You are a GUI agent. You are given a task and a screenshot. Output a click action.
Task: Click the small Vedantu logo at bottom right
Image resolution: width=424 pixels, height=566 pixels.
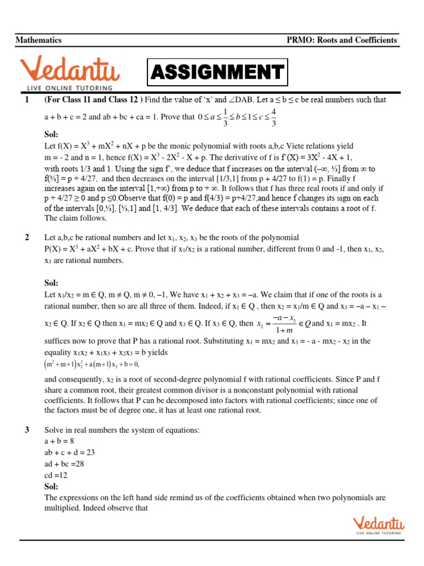(x=378, y=525)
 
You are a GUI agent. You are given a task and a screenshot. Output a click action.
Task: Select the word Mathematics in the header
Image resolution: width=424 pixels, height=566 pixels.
(x=39, y=40)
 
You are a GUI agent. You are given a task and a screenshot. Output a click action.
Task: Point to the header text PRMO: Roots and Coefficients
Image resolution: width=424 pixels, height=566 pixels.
(x=342, y=40)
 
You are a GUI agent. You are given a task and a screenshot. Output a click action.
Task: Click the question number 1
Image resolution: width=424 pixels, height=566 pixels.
(x=26, y=100)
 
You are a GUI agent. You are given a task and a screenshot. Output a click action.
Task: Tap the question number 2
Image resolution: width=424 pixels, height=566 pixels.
(x=26, y=238)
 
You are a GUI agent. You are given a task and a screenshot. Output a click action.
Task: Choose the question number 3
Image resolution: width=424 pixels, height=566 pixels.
(x=26, y=430)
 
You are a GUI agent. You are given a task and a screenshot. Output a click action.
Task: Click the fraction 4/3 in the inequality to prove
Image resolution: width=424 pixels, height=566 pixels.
(x=274, y=117)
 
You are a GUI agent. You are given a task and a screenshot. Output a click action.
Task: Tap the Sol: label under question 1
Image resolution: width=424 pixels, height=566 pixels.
(x=51, y=134)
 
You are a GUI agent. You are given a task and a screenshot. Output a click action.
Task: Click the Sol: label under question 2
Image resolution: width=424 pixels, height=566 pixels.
(x=51, y=283)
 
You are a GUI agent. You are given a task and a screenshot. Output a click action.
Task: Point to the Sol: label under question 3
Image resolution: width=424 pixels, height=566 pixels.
(x=51, y=486)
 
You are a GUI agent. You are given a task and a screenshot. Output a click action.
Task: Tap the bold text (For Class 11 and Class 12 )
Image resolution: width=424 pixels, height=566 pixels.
(x=93, y=100)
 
